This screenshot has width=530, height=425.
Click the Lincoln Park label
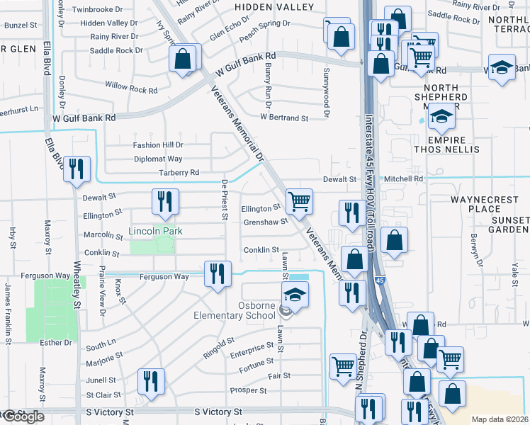point(155,231)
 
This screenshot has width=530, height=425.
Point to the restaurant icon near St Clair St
point(150,382)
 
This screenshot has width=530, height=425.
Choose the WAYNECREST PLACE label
point(495,204)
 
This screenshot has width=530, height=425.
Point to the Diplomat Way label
point(157,159)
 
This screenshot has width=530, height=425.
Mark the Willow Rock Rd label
point(131,90)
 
